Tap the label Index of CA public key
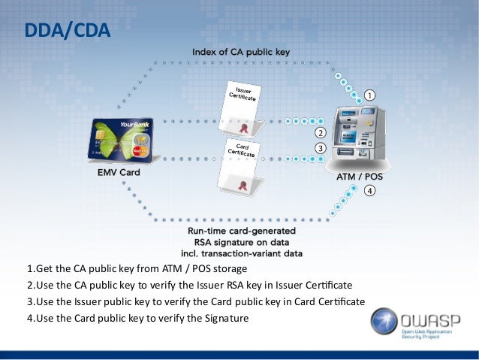241,52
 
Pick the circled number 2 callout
319,133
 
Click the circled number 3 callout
319,149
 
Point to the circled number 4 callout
369,191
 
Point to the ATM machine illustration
359,135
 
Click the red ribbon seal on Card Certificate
243,184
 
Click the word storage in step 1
228,269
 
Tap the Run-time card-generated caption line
241,230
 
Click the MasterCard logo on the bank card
140,150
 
